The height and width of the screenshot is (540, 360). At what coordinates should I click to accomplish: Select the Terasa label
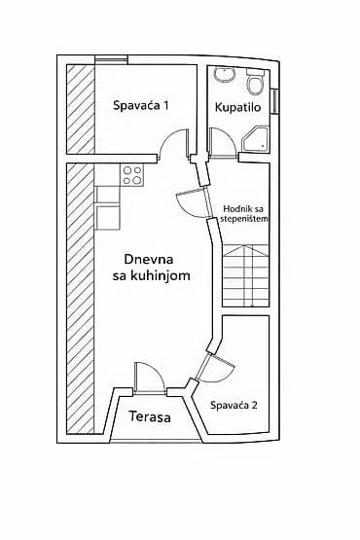(150, 417)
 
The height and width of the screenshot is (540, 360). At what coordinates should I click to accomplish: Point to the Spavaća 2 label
(234, 405)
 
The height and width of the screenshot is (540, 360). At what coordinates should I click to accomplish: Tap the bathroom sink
(225, 76)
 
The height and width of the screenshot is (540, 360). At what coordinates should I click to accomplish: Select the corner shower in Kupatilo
(256, 139)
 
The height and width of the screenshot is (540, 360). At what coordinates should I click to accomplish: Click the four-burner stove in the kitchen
(132, 175)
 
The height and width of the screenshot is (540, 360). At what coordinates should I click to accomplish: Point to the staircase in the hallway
(246, 276)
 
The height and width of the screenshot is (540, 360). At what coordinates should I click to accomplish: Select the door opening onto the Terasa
(149, 378)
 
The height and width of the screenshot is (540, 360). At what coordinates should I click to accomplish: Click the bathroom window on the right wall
(275, 100)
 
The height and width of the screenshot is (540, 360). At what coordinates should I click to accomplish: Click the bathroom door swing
(223, 144)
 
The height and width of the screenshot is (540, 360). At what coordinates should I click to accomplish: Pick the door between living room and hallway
(193, 202)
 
